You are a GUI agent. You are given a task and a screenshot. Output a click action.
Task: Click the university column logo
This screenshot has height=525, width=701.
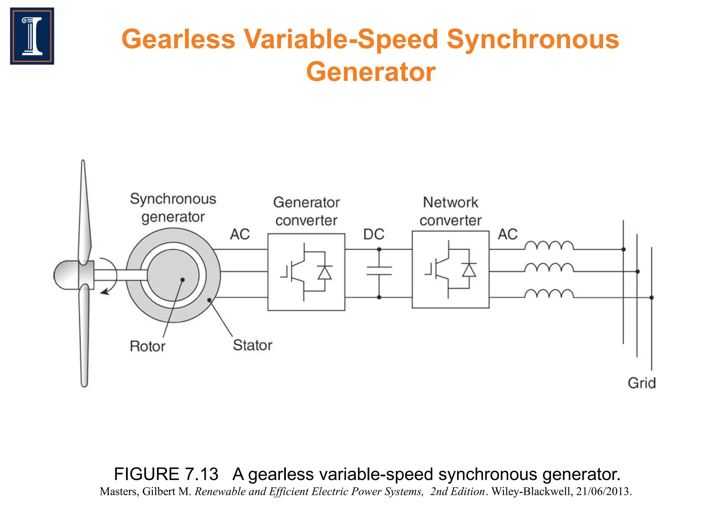(x=32, y=36)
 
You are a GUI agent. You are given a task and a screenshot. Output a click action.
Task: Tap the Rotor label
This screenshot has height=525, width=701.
(x=148, y=346)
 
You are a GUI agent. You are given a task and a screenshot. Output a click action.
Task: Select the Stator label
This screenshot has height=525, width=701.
(x=253, y=345)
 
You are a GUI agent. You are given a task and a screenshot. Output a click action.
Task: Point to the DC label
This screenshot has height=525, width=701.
(x=373, y=234)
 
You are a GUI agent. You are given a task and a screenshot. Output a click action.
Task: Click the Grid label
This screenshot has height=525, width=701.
(x=641, y=383)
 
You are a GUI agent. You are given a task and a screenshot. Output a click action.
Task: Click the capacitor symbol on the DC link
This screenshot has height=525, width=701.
(x=379, y=271)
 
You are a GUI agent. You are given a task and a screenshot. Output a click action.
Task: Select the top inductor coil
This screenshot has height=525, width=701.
(x=549, y=246)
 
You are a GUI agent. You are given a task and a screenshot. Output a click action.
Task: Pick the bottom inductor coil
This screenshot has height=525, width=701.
(x=549, y=294)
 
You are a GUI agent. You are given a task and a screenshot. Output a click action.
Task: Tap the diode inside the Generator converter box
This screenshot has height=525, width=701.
(x=324, y=272)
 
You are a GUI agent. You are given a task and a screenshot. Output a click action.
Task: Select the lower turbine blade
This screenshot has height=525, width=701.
(x=84, y=338)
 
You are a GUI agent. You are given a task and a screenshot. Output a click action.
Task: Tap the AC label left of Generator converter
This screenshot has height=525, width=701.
(x=240, y=234)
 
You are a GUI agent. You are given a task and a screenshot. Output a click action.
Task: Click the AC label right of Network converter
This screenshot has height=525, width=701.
(x=508, y=234)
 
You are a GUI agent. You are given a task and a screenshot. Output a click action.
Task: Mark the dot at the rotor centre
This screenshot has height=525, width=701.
(x=182, y=280)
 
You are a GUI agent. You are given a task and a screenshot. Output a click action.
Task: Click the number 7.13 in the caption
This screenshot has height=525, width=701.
(x=201, y=474)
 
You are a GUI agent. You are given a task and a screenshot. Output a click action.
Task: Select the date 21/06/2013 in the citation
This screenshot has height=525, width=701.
(x=603, y=492)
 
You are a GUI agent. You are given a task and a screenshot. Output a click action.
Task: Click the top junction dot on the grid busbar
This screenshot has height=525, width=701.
(x=623, y=250)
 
